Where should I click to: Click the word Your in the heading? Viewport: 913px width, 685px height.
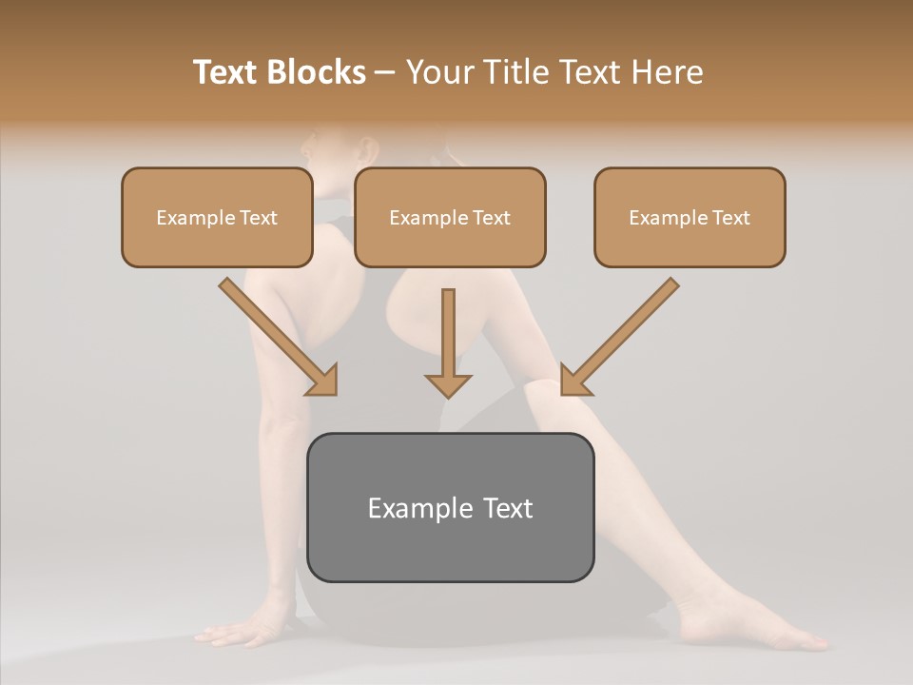440,72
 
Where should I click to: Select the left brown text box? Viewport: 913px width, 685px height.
217,217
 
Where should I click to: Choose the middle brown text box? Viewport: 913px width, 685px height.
450,217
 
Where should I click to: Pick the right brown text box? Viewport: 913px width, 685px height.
690,217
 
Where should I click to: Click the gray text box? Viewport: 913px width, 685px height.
451,507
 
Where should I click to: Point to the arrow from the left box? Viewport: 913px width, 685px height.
276,335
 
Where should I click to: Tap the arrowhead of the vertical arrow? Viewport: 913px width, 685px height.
448,384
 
